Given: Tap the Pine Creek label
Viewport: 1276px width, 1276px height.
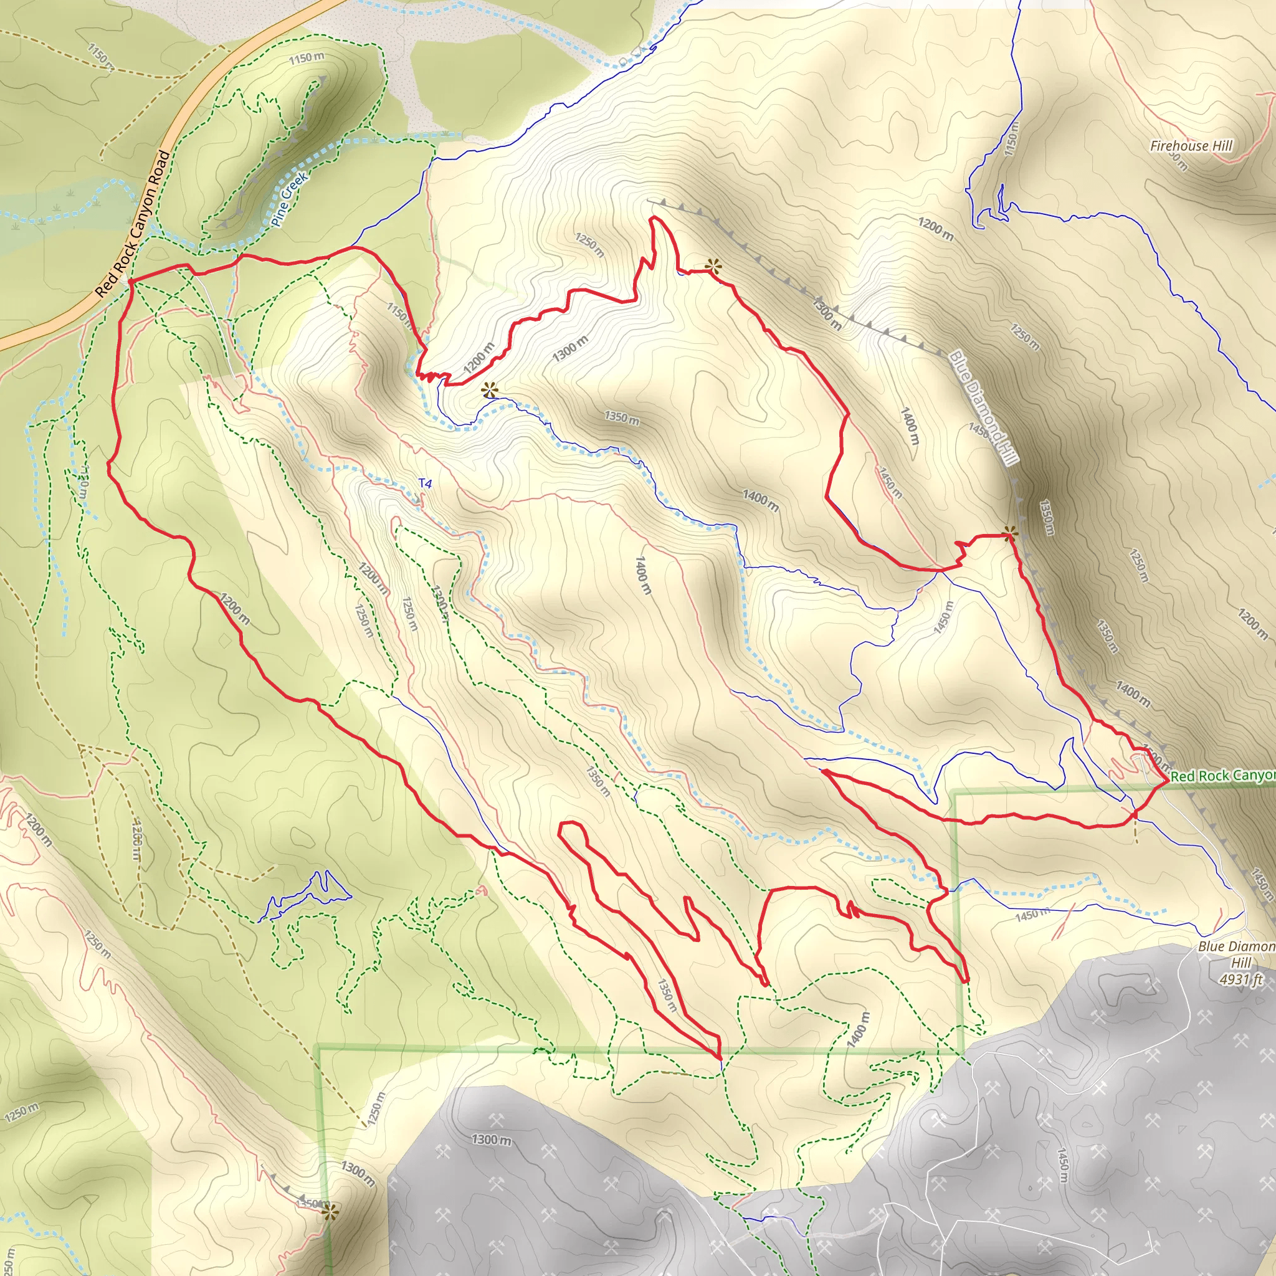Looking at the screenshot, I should [289, 199].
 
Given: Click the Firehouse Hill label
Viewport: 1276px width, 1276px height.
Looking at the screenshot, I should [1191, 146].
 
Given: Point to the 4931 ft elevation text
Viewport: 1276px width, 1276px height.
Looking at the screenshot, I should [1240, 979].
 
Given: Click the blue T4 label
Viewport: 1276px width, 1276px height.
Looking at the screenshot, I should [426, 484].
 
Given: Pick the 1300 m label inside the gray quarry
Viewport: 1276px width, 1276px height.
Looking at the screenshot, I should [491, 1140].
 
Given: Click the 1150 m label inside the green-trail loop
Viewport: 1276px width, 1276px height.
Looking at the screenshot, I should [307, 58].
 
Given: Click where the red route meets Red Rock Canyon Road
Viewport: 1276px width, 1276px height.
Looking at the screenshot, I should [131, 282].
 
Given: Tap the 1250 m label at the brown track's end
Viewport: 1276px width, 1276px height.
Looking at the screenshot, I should [376, 1110].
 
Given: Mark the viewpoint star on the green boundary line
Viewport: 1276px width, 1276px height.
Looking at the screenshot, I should [330, 1211].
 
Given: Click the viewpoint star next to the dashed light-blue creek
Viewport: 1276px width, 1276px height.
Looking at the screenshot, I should [488, 390].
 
